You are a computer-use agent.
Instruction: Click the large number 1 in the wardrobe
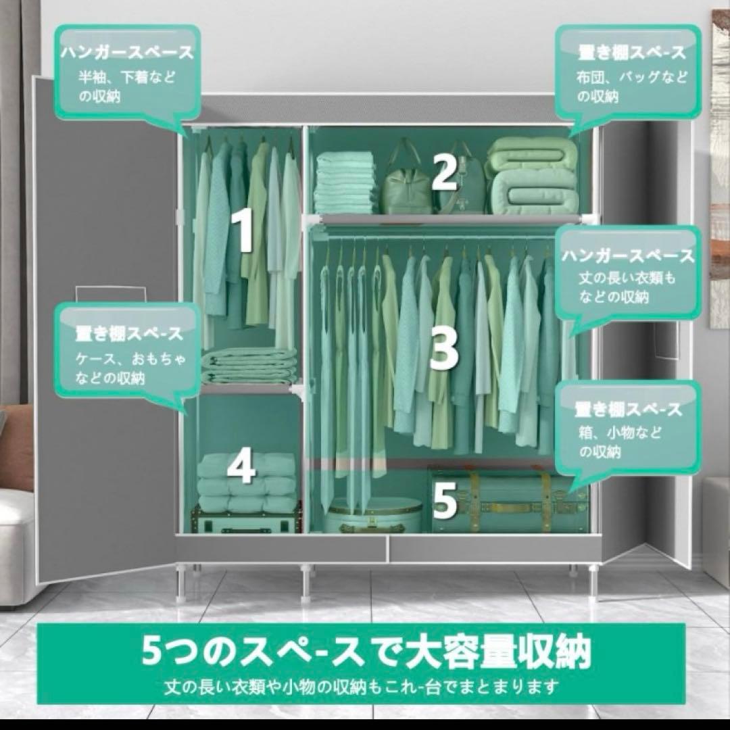click(x=243, y=230)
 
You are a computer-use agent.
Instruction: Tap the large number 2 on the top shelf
click(x=444, y=172)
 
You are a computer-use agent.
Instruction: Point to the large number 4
click(x=241, y=466)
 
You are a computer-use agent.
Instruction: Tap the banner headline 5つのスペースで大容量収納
click(x=366, y=650)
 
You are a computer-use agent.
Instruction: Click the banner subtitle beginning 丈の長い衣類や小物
click(x=361, y=687)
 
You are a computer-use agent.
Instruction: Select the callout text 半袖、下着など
click(x=126, y=77)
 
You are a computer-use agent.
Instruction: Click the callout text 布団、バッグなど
click(x=631, y=77)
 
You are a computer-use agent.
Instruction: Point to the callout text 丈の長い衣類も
click(x=627, y=278)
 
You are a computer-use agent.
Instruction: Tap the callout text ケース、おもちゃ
click(x=131, y=358)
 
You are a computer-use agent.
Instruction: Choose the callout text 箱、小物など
click(x=620, y=433)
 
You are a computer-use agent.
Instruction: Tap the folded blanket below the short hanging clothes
click(x=249, y=366)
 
